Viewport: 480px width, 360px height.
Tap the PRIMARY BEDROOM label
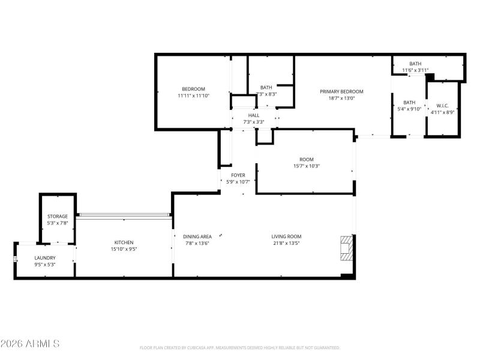pos(341,91)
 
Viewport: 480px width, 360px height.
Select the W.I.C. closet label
pos(443,105)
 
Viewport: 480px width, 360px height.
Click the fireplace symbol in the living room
pos(346,248)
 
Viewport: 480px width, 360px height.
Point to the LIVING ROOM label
pos(286,236)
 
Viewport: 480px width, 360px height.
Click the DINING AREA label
pos(197,236)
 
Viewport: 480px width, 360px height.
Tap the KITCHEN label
pos(124,242)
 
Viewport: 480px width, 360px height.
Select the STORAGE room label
pos(58,216)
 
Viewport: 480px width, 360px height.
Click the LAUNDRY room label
pos(44,257)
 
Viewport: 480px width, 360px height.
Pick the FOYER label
pos(238,175)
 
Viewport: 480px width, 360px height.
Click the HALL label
pos(254,115)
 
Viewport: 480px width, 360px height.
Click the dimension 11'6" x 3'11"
pos(415,70)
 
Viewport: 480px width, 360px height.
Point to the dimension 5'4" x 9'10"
pos(409,109)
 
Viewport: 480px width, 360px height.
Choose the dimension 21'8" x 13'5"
pos(286,243)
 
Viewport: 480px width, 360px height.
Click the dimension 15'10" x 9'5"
pos(124,249)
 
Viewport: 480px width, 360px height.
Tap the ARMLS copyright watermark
pos(30,344)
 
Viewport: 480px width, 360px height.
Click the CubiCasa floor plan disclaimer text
pos(240,347)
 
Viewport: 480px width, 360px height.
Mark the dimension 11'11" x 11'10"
pos(193,96)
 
